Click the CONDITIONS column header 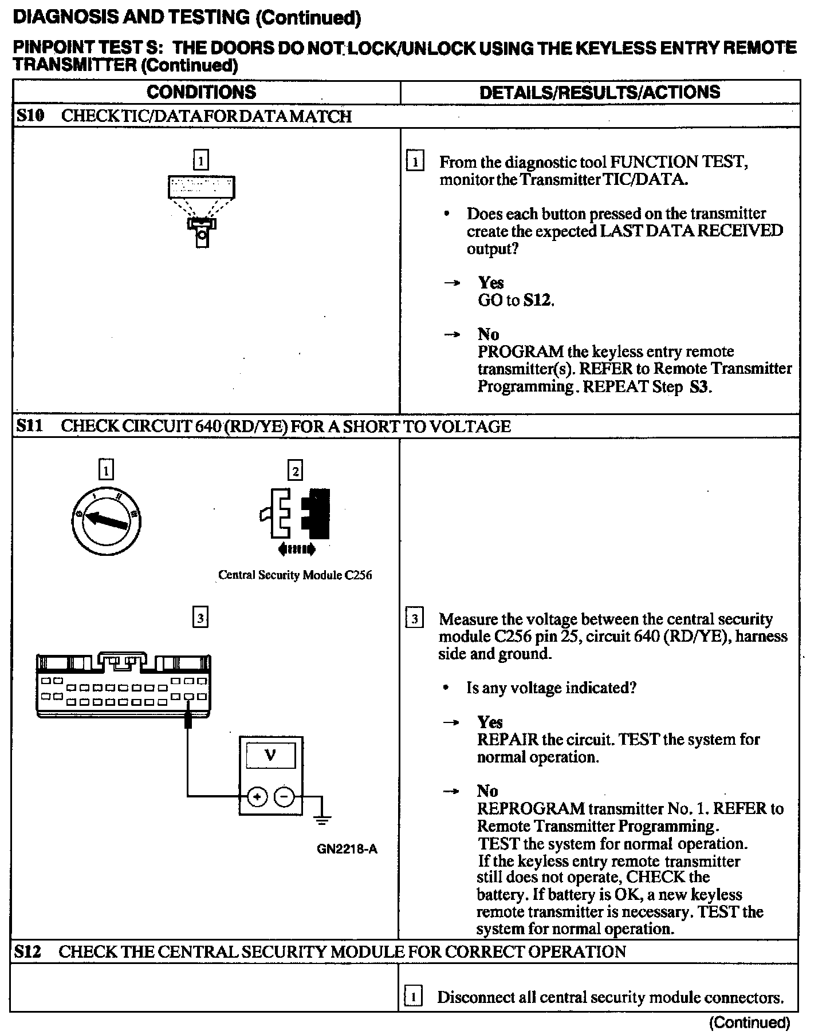(x=201, y=92)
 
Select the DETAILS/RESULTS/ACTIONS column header (x=599, y=92)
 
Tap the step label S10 (x=30, y=116)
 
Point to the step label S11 (x=30, y=426)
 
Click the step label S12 (x=28, y=951)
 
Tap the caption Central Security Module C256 (x=295, y=575)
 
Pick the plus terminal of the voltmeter (x=257, y=796)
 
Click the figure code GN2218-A (x=347, y=849)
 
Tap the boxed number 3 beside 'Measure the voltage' (x=414, y=619)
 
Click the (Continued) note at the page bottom (x=749, y=1022)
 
